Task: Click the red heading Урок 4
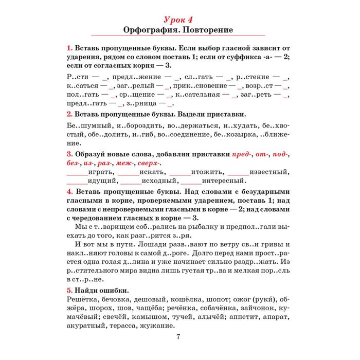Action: pos(179,20)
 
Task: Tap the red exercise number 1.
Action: pos(69,48)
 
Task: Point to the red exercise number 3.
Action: pos(69,154)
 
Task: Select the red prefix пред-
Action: pos(241,154)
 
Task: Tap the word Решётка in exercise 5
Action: pos(84,299)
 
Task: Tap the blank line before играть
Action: pos(77,172)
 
